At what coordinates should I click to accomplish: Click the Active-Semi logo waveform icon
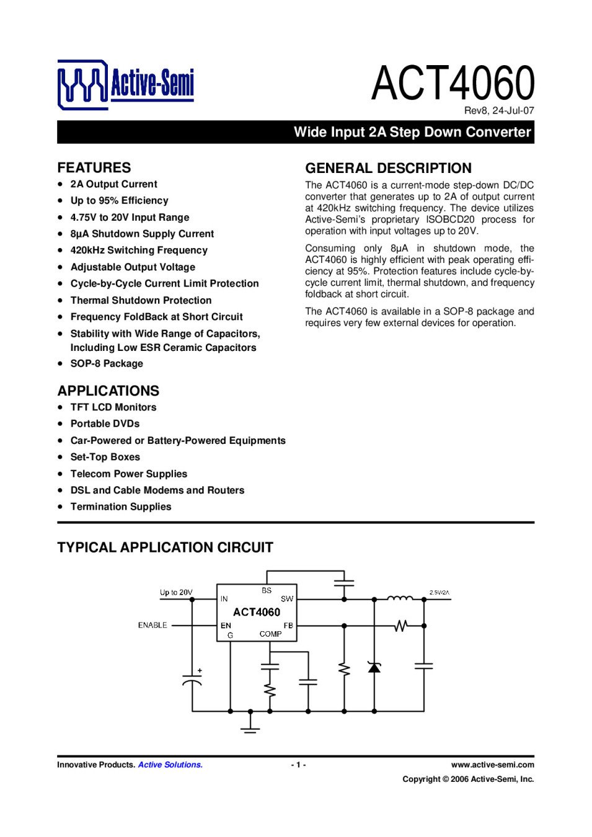82,84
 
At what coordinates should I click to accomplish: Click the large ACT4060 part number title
453,83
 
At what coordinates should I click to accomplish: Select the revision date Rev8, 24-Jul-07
498,111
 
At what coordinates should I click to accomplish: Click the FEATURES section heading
94,167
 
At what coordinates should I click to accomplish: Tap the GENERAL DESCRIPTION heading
388,168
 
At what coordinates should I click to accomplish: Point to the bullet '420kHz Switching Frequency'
139,250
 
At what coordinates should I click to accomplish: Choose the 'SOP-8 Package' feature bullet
107,364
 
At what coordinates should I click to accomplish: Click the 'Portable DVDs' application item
105,424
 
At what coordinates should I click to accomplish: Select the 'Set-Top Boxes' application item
105,457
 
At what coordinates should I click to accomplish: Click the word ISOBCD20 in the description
450,219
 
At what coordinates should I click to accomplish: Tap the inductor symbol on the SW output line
400,598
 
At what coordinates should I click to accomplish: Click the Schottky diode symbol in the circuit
374,667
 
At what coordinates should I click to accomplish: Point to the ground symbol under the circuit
250,725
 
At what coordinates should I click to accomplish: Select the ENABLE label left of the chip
152,626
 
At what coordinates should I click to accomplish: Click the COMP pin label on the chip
270,634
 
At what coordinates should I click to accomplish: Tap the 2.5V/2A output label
440,593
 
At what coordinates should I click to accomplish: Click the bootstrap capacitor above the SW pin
343,583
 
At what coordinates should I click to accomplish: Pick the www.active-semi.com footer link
492,765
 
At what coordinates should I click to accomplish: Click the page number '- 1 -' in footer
298,765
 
